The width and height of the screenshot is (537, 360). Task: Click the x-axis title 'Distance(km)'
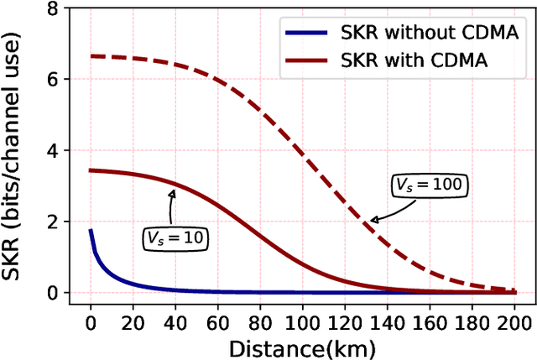point(301,346)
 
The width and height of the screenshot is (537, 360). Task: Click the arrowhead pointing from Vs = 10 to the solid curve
point(174,192)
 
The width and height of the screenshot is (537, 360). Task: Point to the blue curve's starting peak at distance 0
point(91,230)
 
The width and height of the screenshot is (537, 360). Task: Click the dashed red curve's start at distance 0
point(91,56)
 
